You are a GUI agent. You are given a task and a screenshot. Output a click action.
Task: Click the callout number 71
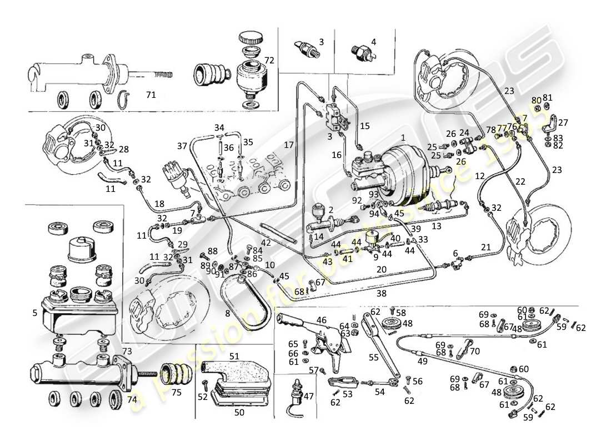(150, 95)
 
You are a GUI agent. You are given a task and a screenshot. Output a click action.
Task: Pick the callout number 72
(269, 60)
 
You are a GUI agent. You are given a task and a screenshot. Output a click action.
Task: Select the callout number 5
(35, 313)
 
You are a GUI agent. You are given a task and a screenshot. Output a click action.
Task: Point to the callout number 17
(288, 145)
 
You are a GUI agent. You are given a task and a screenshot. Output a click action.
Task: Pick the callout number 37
(182, 146)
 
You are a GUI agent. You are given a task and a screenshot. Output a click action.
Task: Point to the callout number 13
(436, 226)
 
